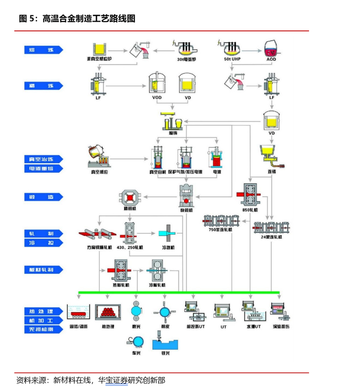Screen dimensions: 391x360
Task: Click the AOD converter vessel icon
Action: click(272, 49)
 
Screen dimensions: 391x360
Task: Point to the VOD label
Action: click(157, 97)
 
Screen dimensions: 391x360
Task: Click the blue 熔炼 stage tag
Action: click(43, 50)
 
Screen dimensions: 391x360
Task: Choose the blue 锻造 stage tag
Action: click(43, 197)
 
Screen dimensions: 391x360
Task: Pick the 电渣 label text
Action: click(217, 172)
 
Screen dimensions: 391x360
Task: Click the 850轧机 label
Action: click(250, 210)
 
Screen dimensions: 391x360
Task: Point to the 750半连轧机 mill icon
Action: click(221, 220)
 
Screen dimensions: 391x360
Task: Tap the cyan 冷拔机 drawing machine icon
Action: click(169, 234)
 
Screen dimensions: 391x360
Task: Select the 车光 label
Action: click(136, 353)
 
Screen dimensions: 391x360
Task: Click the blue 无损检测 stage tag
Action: click(43, 329)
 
